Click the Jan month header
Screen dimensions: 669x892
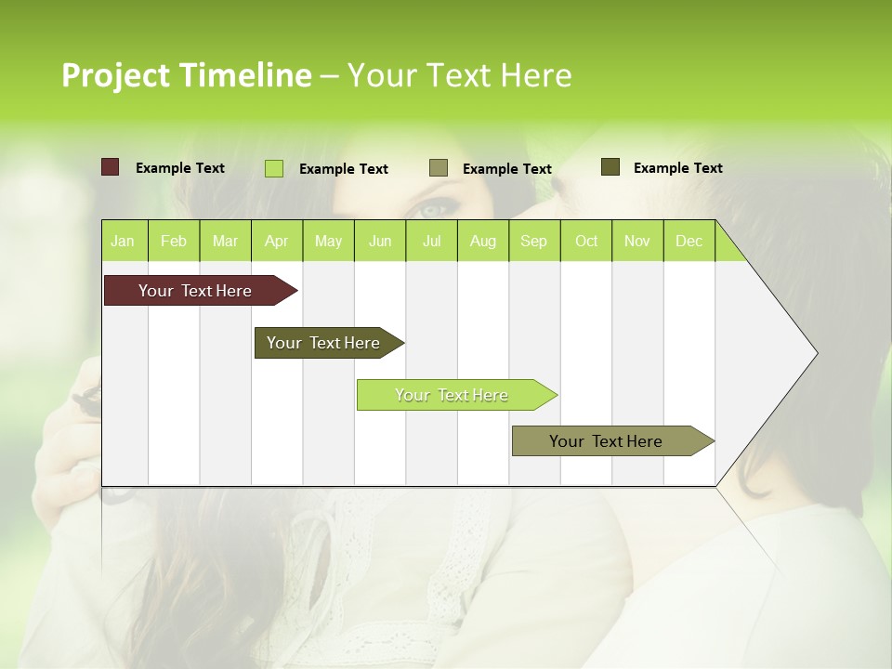click(124, 241)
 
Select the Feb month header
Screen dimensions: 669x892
click(174, 241)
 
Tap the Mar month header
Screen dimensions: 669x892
click(225, 241)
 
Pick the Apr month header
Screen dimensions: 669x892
click(277, 241)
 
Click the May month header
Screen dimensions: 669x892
click(328, 241)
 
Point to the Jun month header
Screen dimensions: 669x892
click(380, 241)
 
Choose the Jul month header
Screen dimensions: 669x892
click(431, 241)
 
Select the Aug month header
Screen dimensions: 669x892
click(483, 241)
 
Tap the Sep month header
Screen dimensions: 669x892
click(534, 241)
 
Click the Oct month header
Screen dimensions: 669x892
click(586, 241)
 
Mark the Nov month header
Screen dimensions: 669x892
click(637, 241)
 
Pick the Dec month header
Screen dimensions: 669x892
click(689, 241)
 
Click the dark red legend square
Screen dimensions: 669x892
click(111, 167)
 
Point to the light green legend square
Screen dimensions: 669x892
click(274, 168)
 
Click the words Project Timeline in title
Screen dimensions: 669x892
click(187, 75)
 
